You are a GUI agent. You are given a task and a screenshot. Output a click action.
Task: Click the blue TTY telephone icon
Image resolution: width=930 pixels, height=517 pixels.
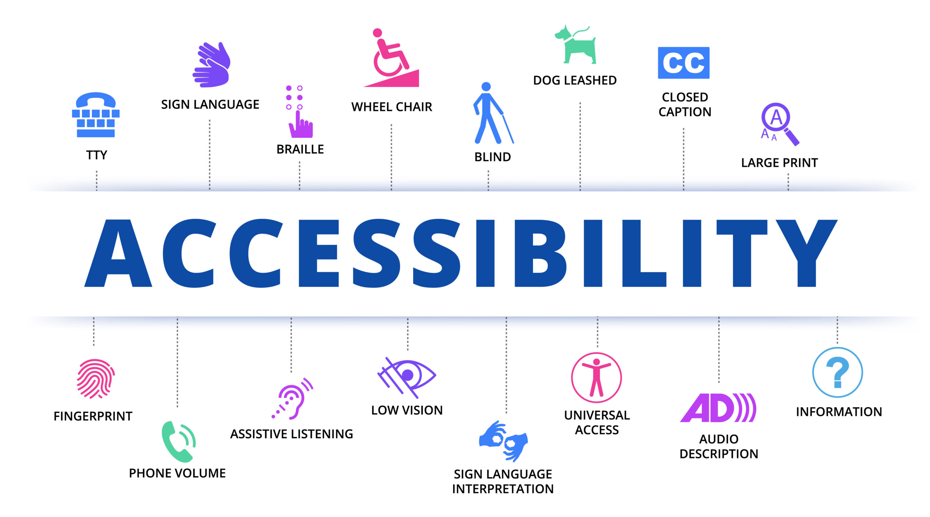coord(96,115)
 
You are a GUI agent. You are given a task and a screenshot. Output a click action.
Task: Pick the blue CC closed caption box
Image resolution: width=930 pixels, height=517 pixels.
coord(683,63)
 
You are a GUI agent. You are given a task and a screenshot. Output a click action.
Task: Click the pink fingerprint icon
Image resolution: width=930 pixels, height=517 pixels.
coord(96,379)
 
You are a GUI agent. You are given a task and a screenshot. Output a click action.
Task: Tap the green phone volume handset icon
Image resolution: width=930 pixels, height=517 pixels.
coord(178,442)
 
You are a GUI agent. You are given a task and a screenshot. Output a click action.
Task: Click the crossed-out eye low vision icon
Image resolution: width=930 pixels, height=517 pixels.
coord(407,377)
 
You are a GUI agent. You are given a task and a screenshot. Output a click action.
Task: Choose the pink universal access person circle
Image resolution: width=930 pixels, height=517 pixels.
coord(596,377)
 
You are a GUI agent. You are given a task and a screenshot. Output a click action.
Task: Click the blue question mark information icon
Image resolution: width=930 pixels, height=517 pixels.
coord(837,372)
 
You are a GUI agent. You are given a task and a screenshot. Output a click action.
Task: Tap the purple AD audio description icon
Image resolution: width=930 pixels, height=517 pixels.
coord(718,408)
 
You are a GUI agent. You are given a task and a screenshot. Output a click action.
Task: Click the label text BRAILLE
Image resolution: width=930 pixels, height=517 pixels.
coord(300,149)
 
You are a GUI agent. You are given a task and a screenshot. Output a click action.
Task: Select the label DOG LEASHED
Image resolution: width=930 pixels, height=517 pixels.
coord(575,80)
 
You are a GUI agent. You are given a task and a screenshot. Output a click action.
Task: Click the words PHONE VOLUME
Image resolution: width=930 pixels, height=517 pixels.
coord(177,473)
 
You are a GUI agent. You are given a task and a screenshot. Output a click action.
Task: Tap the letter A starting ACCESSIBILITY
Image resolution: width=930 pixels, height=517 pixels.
coord(118,253)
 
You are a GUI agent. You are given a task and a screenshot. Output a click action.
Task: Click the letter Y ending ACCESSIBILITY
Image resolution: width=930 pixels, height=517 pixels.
coord(806,253)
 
